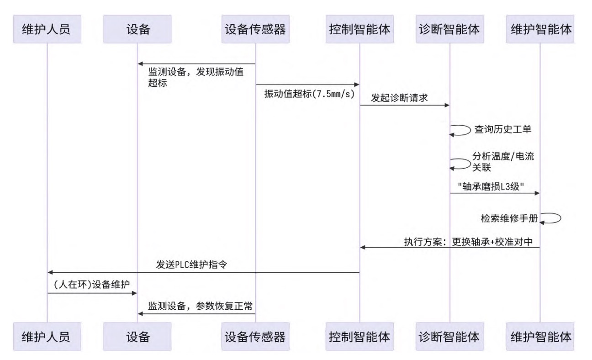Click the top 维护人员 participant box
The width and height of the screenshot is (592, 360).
pyautogui.click(x=47, y=29)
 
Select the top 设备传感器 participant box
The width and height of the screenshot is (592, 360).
pyautogui.click(x=255, y=29)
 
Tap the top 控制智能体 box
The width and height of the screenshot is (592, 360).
pyautogui.click(x=359, y=29)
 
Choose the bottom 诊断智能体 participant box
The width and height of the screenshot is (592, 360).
pyautogui.click(x=449, y=337)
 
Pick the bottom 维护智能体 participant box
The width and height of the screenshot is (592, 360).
pyautogui.click(x=540, y=337)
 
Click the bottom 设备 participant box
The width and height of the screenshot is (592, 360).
pyautogui.click(x=138, y=337)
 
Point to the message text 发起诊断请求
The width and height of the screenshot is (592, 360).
pyautogui.click(x=399, y=98)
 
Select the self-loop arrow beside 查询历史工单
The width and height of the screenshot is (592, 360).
pyautogui.click(x=460, y=130)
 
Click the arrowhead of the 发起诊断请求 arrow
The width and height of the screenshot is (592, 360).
pyautogui.click(x=447, y=105)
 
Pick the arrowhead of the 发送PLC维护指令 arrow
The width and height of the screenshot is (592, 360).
pyautogui.click(x=50, y=272)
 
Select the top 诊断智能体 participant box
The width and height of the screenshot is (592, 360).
pyautogui.click(x=449, y=29)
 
